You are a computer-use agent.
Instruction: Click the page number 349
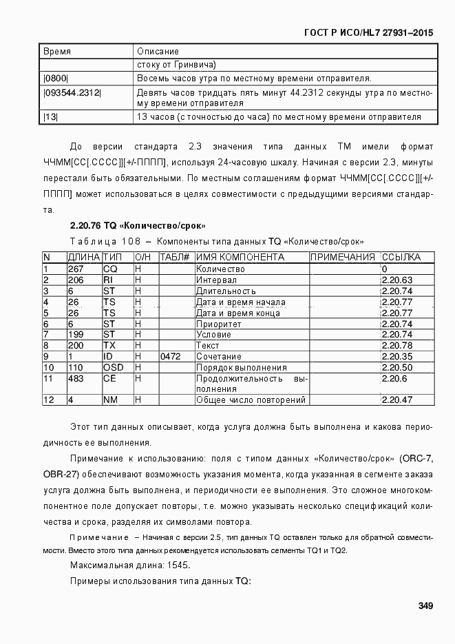pyautogui.click(x=425, y=606)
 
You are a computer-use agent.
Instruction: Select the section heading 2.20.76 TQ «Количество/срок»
pyautogui.click(x=138, y=226)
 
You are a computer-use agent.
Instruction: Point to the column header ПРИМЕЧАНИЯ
pyautogui.click(x=343, y=258)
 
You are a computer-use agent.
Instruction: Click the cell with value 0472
pyautogui.click(x=171, y=357)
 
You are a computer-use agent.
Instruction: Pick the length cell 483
pyautogui.click(x=75, y=379)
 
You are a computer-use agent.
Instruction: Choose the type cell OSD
pyautogui.click(x=114, y=368)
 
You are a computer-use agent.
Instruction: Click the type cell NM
pyautogui.click(x=110, y=399)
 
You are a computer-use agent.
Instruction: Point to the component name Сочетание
pyautogui.click(x=219, y=357)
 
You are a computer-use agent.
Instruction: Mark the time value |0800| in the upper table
pyautogui.click(x=56, y=78)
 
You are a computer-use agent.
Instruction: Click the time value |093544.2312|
pyautogui.click(x=72, y=92)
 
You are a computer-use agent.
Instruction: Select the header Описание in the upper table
pyautogui.click(x=158, y=52)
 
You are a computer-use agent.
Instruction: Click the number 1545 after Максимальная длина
pyautogui.click(x=176, y=565)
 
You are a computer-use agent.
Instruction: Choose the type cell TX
pyautogui.click(x=109, y=346)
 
